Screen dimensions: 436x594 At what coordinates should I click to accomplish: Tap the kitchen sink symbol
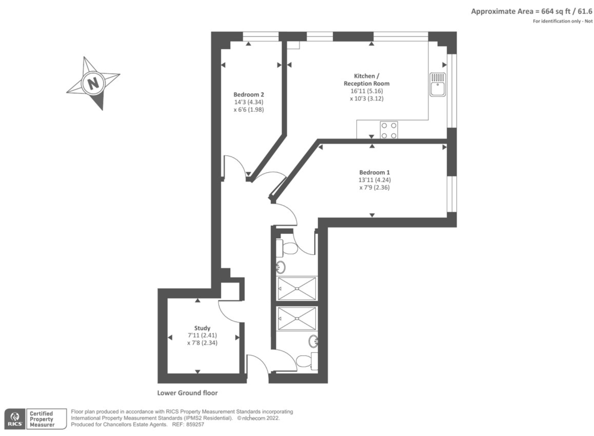[438, 85]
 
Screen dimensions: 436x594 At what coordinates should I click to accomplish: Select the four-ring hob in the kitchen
[389, 130]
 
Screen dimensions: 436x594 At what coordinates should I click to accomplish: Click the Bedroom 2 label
[248, 94]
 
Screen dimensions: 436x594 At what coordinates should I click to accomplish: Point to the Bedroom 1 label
[374, 172]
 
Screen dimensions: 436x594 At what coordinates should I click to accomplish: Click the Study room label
[202, 328]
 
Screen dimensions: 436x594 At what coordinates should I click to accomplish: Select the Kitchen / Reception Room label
[366, 79]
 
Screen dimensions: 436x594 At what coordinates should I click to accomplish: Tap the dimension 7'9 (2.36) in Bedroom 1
[374, 188]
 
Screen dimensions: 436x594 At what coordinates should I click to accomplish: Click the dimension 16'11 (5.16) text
[366, 91]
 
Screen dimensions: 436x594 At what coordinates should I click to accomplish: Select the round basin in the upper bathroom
[281, 267]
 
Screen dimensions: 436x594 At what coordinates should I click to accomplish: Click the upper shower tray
[297, 288]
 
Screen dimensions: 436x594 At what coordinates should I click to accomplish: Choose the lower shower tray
[297, 318]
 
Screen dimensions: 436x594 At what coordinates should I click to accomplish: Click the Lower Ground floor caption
[187, 393]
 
